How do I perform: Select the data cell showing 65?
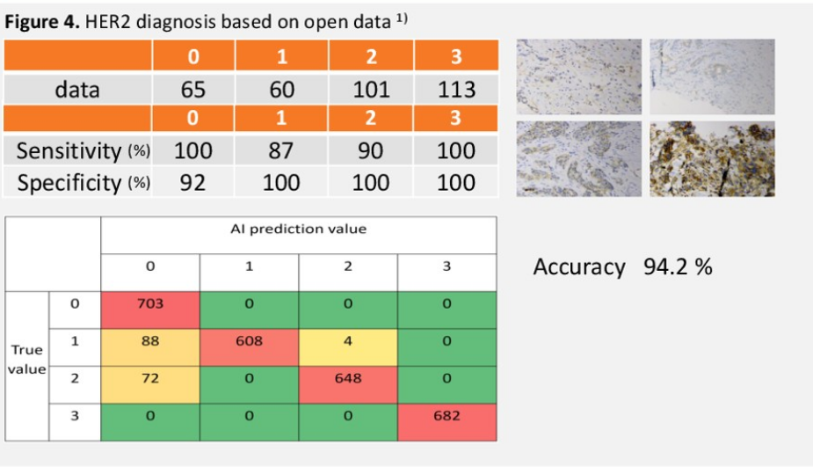(x=193, y=89)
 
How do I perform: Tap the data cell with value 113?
(x=457, y=89)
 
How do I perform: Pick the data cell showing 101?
(x=370, y=89)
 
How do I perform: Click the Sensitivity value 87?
(x=281, y=150)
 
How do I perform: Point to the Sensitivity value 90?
(x=370, y=150)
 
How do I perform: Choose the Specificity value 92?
(x=193, y=183)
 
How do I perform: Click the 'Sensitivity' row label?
(x=69, y=150)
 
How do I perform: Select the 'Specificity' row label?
(x=68, y=183)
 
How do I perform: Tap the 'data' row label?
(x=77, y=89)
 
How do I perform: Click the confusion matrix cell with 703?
(x=150, y=303)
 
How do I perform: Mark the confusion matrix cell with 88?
(x=150, y=341)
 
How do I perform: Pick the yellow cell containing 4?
(x=348, y=341)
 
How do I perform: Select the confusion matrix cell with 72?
(x=150, y=378)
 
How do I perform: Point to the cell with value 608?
(x=249, y=341)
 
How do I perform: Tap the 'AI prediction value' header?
(x=298, y=230)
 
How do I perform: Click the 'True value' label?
(x=27, y=360)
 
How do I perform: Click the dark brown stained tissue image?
(x=712, y=158)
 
